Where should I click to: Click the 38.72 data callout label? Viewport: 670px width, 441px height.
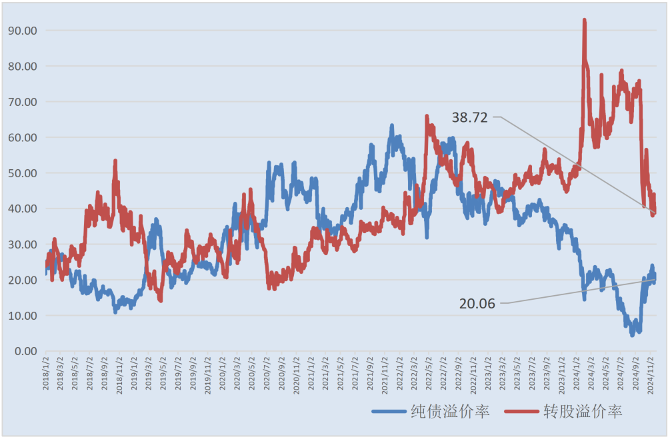(470, 117)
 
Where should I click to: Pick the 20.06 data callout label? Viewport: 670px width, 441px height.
(477, 304)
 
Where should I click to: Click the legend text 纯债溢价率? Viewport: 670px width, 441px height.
(449, 412)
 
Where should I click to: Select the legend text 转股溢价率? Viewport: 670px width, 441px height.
(582, 412)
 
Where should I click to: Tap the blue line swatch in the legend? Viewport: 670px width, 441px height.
(389, 412)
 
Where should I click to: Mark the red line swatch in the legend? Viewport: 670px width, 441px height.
(522, 412)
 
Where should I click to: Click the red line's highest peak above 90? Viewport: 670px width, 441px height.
(584, 21)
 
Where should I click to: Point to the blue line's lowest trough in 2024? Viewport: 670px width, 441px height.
(632, 334)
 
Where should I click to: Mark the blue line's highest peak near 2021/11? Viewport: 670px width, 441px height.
(392, 125)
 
